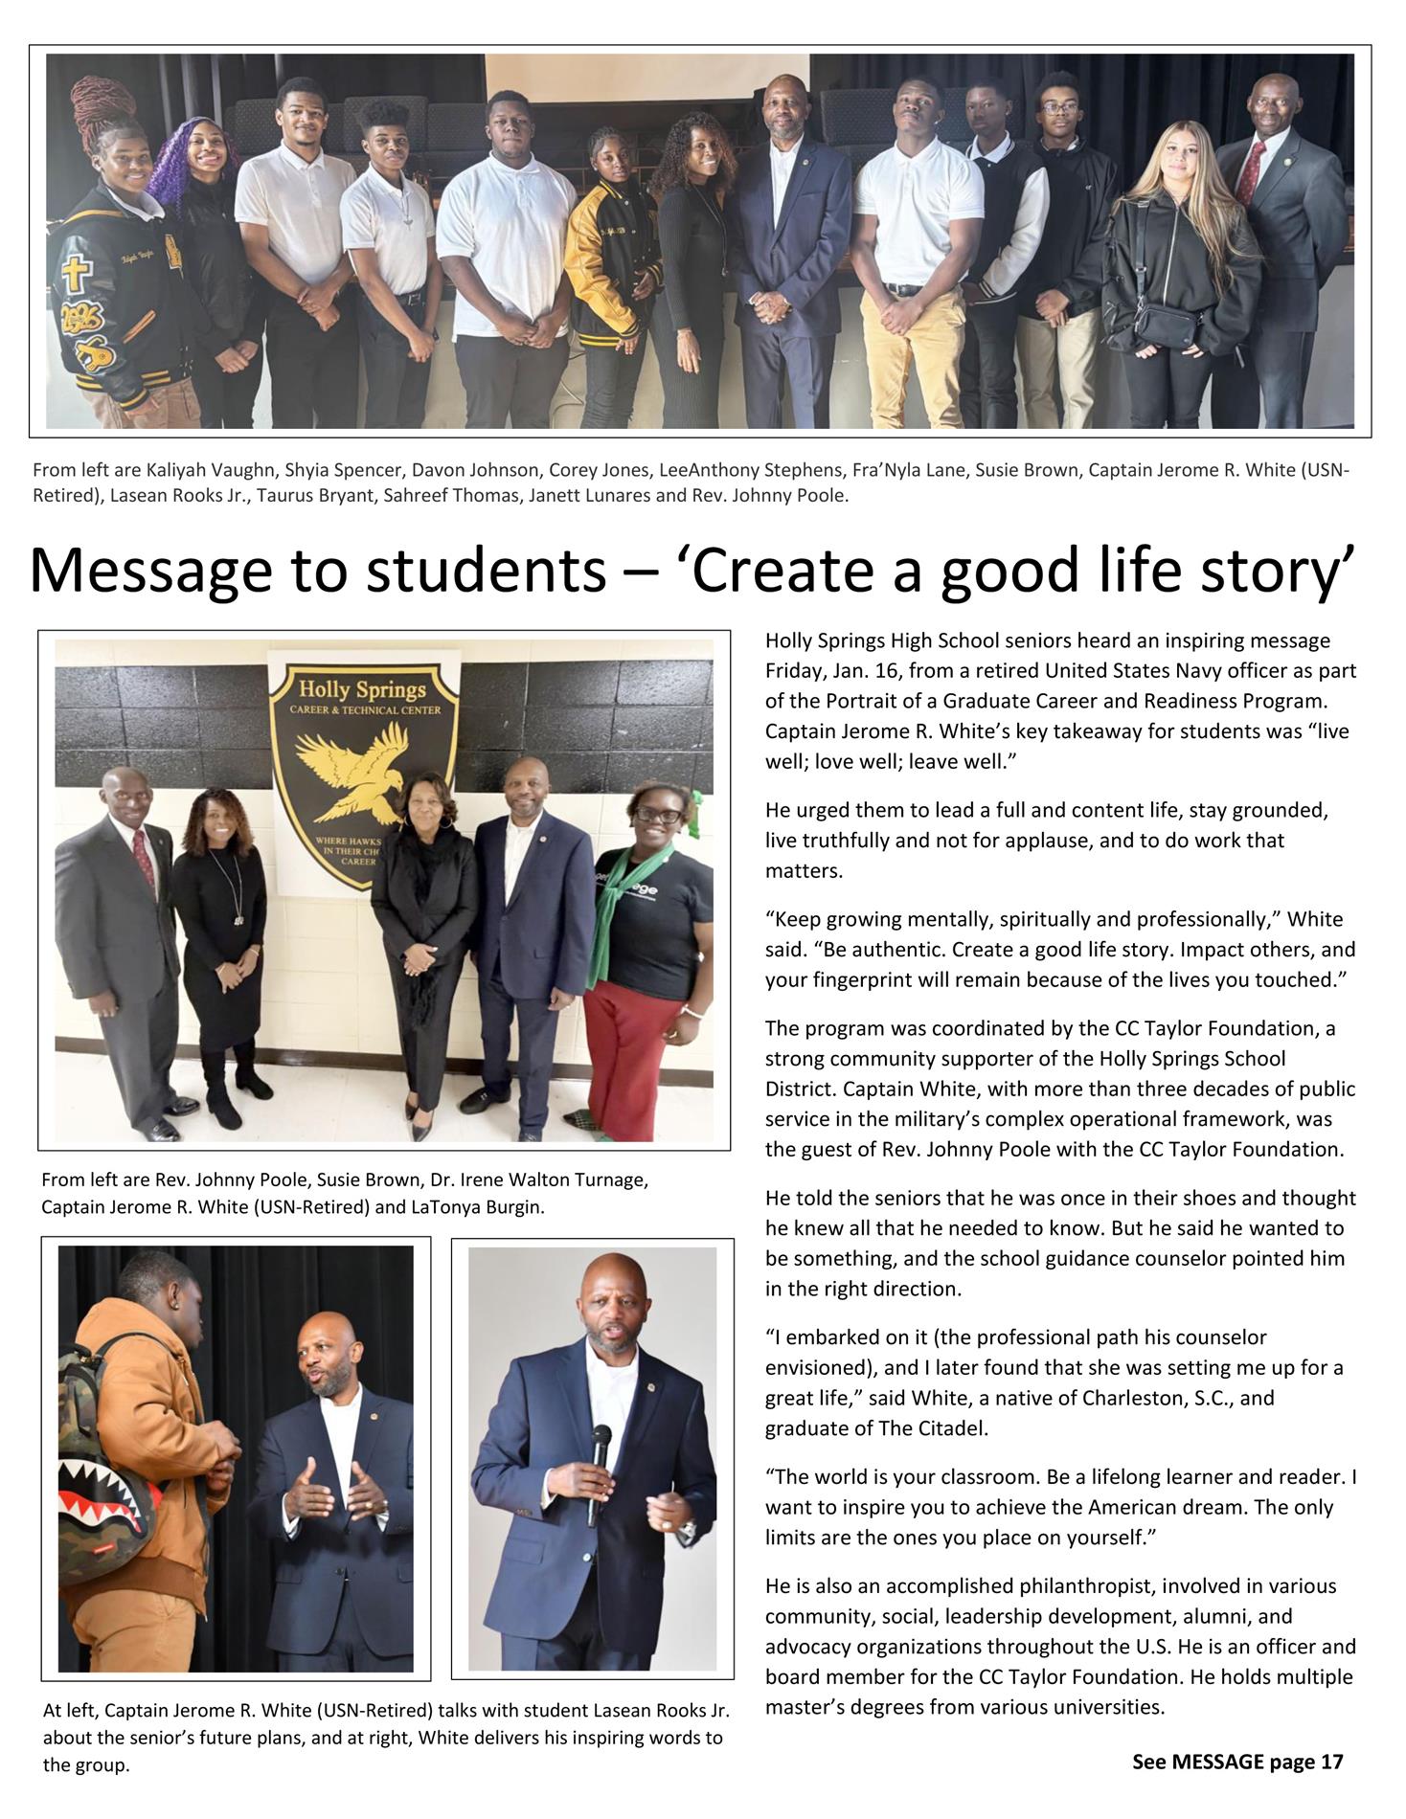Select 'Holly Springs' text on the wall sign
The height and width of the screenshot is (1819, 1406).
[x=362, y=689]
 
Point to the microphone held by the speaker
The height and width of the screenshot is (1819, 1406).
[x=600, y=1455]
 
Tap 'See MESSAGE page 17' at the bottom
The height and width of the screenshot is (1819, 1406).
[x=1237, y=1762]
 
